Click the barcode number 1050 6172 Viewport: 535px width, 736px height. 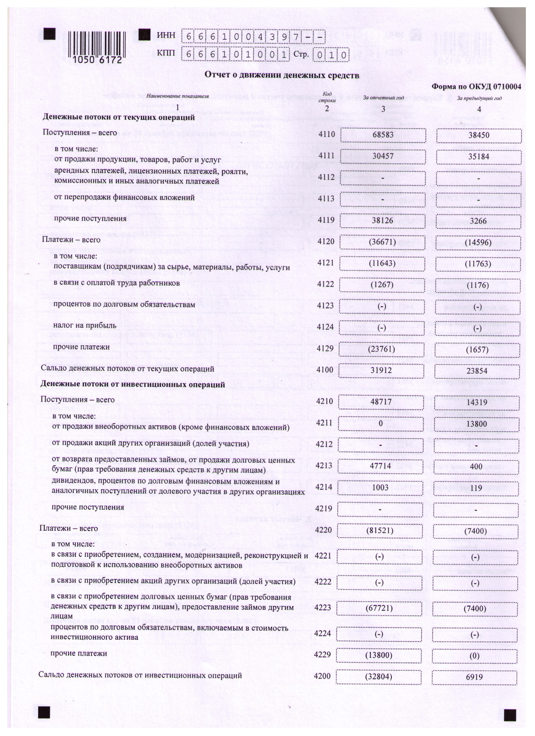tap(97, 60)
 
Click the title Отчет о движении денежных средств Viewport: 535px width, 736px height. tap(282, 75)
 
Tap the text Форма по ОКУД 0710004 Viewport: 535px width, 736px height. tap(476, 87)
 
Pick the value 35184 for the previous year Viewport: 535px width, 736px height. tap(479, 157)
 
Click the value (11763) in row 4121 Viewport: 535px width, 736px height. tap(478, 264)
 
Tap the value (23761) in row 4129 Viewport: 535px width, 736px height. tap(381, 349)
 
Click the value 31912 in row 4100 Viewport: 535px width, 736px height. tap(381, 370)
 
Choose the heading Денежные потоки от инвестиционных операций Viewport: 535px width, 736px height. tap(132, 385)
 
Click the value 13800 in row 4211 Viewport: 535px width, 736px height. tap(476, 424)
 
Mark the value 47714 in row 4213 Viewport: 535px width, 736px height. tap(380, 466)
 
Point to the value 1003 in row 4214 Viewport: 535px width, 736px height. tap(380, 488)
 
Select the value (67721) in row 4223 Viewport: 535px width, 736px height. tap(379, 609)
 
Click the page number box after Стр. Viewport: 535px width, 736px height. tap(331, 55)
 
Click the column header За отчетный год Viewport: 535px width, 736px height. tap(383, 98)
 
